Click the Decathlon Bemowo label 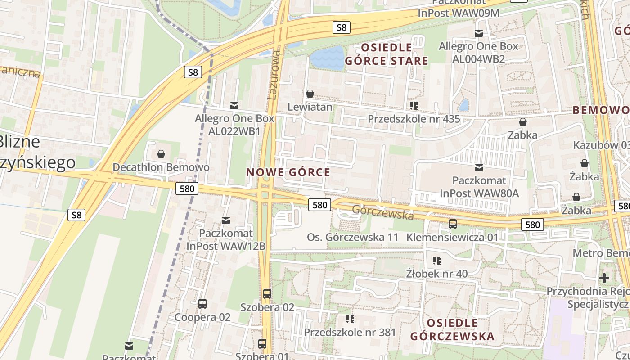point(161,167)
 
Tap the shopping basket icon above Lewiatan point(310,94)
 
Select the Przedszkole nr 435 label point(414,119)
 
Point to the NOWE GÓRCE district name point(288,172)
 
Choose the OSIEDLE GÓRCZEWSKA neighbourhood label point(452,329)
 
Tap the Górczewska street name point(382,212)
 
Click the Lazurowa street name point(274,74)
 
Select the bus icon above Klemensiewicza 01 point(453,224)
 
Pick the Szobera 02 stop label point(267,307)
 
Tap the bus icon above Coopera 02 point(202,304)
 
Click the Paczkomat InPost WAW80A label point(479,187)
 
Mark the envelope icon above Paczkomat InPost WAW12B point(226,220)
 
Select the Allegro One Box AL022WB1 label point(234,125)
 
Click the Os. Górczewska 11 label point(353,237)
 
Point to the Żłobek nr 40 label point(436,273)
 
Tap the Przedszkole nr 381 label point(350,332)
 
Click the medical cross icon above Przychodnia point(604,278)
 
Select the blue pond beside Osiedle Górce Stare point(327,58)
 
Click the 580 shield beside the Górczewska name point(319,205)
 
